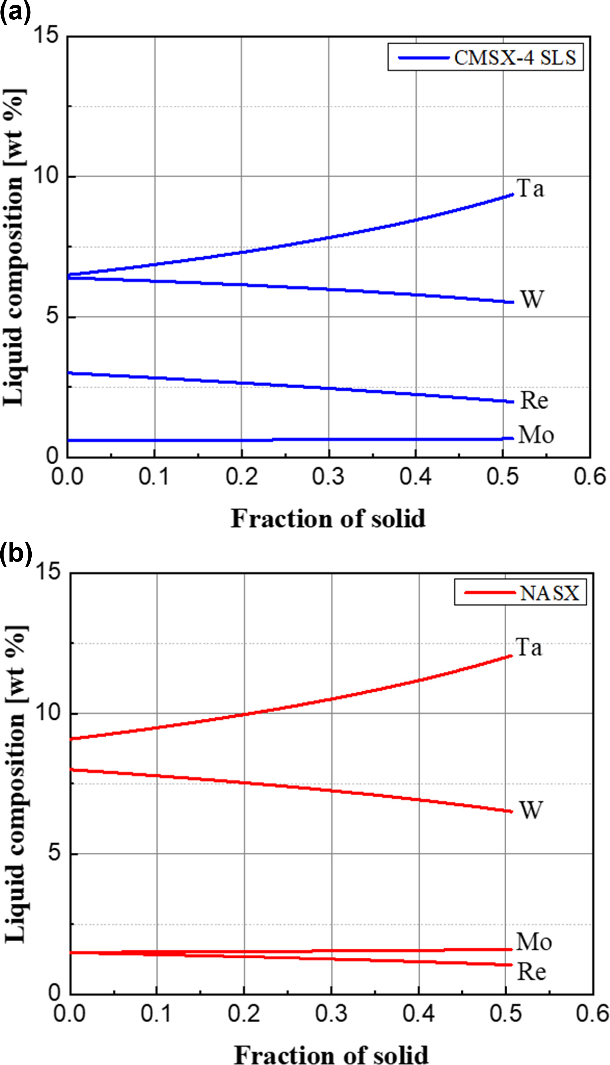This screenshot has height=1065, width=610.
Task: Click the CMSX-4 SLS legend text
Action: tap(515, 58)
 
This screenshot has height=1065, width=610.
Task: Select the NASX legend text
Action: tap(549, 593)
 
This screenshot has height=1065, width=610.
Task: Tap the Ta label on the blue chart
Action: tap(531, 188)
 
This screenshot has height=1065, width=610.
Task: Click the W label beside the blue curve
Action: tap(532, 299)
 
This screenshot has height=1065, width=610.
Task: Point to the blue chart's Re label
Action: tap(534, 400)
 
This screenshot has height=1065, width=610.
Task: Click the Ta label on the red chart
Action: tap(529, 647)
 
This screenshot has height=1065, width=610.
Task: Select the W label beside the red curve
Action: tap(531, 810)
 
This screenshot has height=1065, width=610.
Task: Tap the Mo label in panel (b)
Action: tap(534, 942)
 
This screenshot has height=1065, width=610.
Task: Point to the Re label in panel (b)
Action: tap(532, 972)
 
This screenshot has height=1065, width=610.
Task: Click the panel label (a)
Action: tap(15, 12)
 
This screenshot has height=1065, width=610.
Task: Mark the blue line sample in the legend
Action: tap(423, 58)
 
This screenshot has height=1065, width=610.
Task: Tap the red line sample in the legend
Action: tap(489, 593)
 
